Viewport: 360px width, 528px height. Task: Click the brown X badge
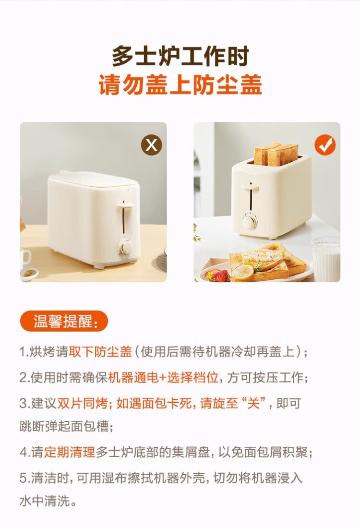click(x=152, y=145)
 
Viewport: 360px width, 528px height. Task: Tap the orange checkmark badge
click(x=325, y=145)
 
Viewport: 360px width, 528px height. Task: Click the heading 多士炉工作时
click(x=180, y=56)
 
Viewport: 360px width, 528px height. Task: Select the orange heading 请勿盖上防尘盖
click(x=180, y=84)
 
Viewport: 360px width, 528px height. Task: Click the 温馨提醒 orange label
click(x=64, y=321)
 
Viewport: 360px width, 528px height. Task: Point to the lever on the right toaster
click(x=250, y=186)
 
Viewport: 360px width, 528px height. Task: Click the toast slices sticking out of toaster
click(x=276, y=155)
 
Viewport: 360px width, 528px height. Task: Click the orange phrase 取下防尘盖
click(x=100, y=351)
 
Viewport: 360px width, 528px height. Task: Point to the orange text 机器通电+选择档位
click(x=164, y=377)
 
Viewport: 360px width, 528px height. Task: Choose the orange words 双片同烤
click(x=82, y=403)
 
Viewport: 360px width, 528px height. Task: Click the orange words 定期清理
click(x=70, y=452)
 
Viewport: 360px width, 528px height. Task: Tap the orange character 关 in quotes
click(x=253, y=403)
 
